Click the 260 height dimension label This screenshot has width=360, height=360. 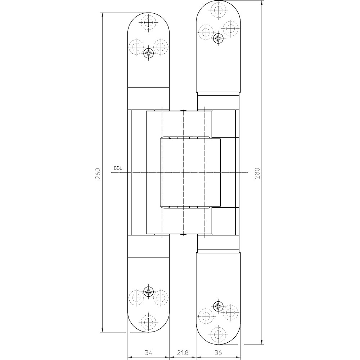(x=98, y=174)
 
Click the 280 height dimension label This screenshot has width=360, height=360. (x=258, y=174)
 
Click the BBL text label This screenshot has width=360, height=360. (x=118, y=168)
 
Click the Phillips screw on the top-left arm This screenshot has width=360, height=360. (x=149, y=54)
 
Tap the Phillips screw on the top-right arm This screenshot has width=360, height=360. (x=218, y=38)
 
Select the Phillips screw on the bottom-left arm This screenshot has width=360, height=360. (x=149, y=292)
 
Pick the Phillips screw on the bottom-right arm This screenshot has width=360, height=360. (x=218, y=306)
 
